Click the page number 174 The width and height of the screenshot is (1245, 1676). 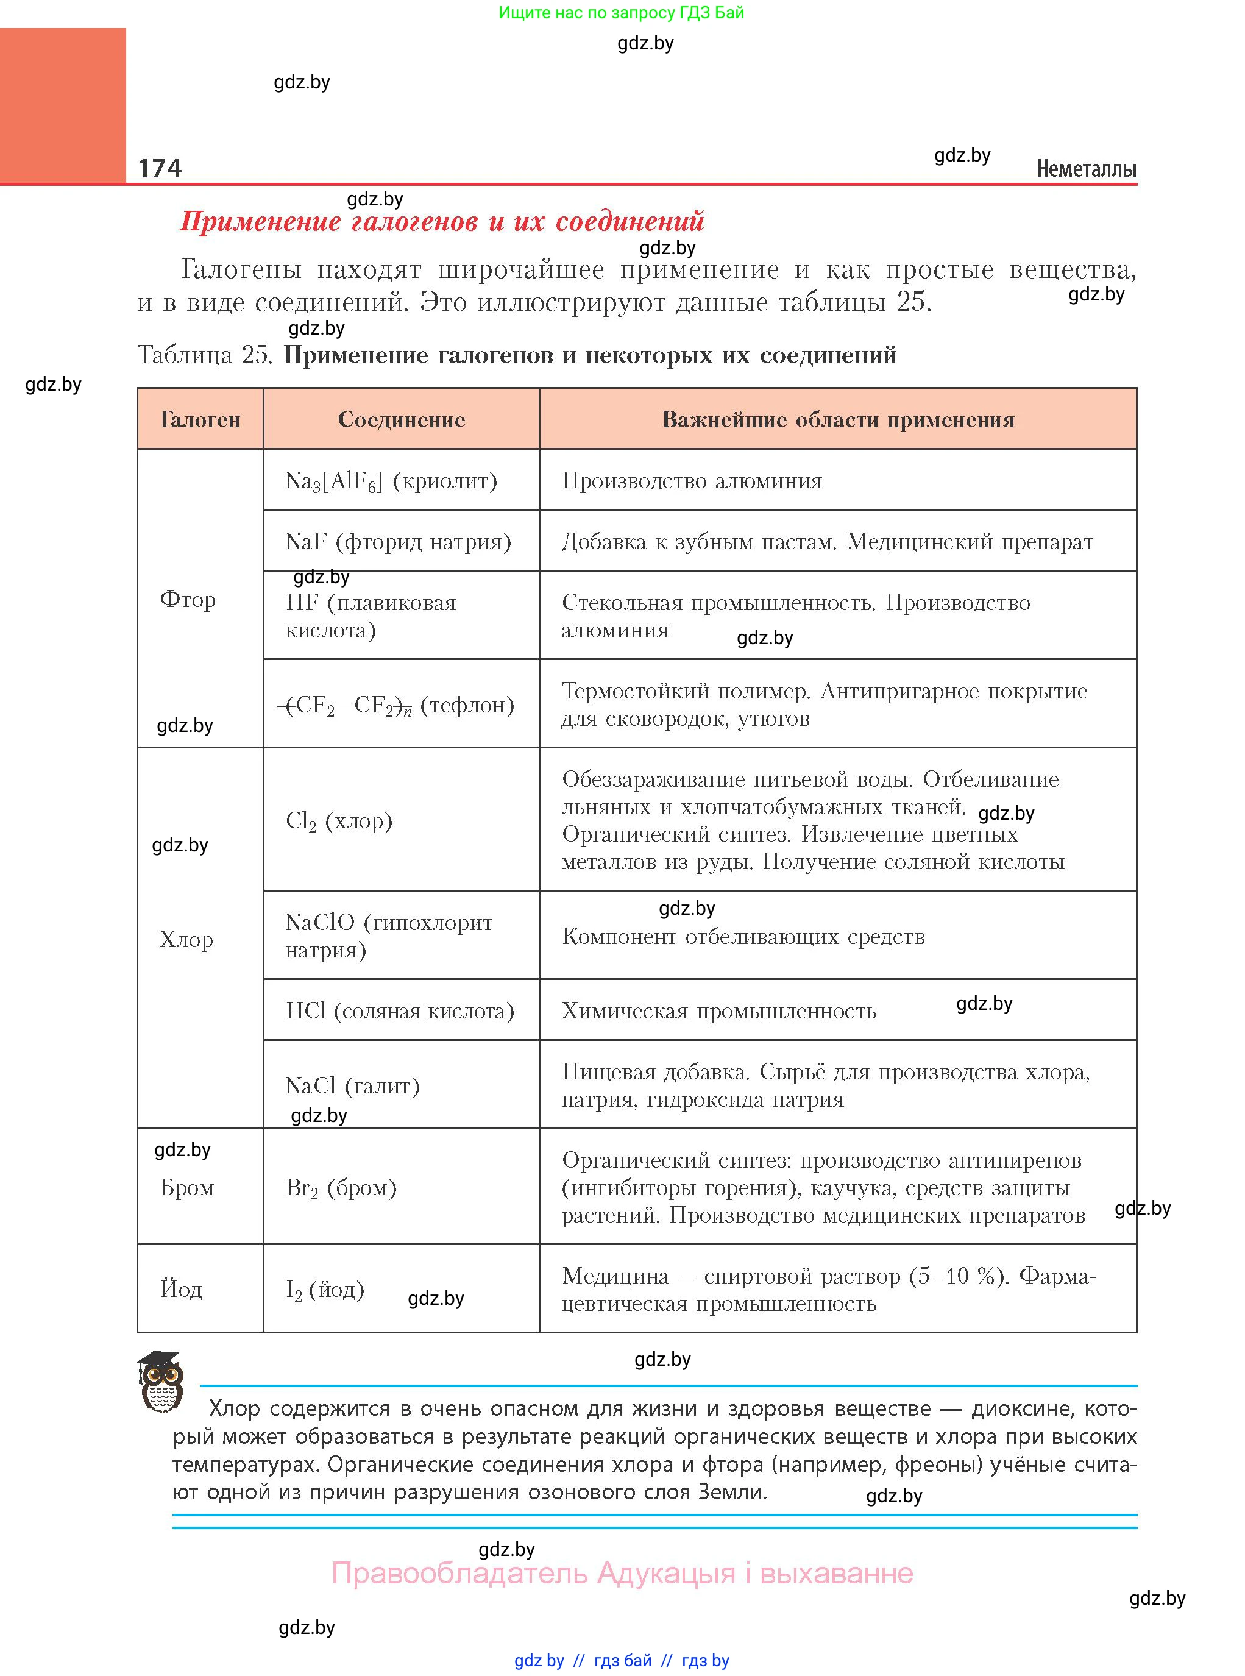click(x=160, y=168)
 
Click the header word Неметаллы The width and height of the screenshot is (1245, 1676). click(x=1086, y=169)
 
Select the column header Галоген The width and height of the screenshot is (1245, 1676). click(x=200, y=420)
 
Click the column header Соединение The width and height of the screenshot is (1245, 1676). click(x=401, y=420)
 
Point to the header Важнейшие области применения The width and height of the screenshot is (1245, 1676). click(x=837, y=420)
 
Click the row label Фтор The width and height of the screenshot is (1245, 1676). click(x=188, y=600)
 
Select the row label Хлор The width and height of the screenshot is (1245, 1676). click(x=186, y=940)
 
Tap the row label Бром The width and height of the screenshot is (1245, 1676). click(x=187, y=1188)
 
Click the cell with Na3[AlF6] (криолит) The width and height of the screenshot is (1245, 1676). click(x=391, y=481)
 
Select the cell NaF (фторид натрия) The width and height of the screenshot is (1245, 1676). click(x=398, y=542)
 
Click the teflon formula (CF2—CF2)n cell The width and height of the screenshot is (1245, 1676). click(x=396, y=705)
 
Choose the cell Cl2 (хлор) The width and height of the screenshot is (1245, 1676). click(x=339, y=821)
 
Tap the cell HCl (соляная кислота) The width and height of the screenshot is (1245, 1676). click(x=399, y=1011)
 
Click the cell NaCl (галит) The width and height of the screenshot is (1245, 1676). click(x=353, y=1086)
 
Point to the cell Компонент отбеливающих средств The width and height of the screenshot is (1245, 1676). click(x=743, y=937)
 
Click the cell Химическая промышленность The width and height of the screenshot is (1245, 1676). click(x=719, y=1011)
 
